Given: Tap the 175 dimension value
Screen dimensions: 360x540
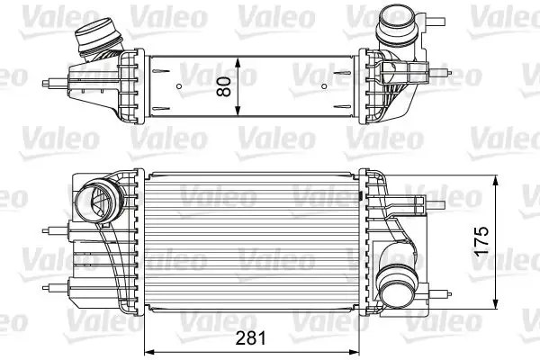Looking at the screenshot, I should point(482,239).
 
